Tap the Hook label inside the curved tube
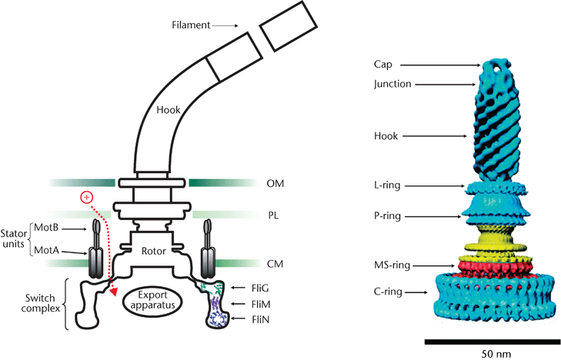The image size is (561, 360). (x=168, y=110)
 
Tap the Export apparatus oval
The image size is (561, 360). (x=152, y=298)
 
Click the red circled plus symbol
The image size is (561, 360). (x=86, y=198)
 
